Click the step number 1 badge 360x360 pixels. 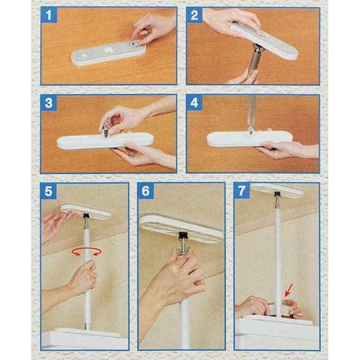point(49,15)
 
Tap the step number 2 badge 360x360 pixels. point(195,15)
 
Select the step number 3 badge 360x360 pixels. point(49,103)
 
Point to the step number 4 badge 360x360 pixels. point(195,103)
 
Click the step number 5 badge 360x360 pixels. point(49,191)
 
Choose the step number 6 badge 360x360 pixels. point(145,191)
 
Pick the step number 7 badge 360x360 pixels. point(242,191)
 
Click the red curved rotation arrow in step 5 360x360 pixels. point(87,251)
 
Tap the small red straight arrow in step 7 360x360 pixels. point(289,290)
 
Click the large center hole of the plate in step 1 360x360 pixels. point(108,50)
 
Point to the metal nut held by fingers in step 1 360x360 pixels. point(134,43)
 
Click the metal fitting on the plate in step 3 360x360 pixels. point(105,132)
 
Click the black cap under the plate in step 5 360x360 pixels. point(87,215)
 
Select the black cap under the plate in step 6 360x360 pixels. point(183,236)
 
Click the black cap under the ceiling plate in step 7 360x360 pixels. point(277,194)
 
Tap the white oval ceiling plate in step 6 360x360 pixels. point(181,229)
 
